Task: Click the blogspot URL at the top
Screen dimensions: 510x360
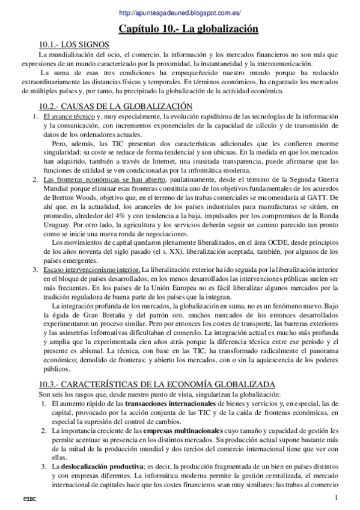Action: tap(179, 12)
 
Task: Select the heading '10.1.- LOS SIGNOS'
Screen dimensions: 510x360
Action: tap(74, 44)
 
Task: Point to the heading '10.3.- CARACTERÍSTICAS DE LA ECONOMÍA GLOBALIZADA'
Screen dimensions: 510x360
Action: tap(157, 384)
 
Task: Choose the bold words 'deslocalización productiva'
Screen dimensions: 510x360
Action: tap(100, 467)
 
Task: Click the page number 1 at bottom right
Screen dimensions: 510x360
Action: tap(337, 497)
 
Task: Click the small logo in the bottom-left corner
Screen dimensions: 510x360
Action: tap(26, 499)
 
